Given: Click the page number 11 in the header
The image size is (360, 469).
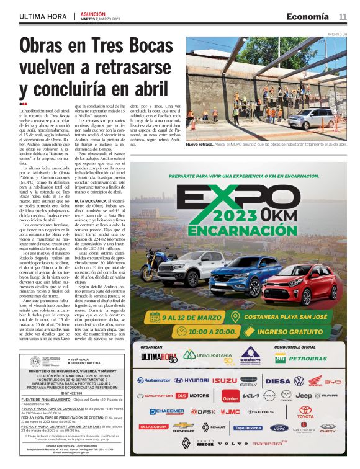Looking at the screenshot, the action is point(343,16).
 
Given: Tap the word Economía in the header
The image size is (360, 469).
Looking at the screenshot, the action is point(307,16).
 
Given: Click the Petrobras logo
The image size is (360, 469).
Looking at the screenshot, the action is point(303,358).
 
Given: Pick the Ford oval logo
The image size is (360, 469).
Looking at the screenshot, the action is point(279,427).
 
